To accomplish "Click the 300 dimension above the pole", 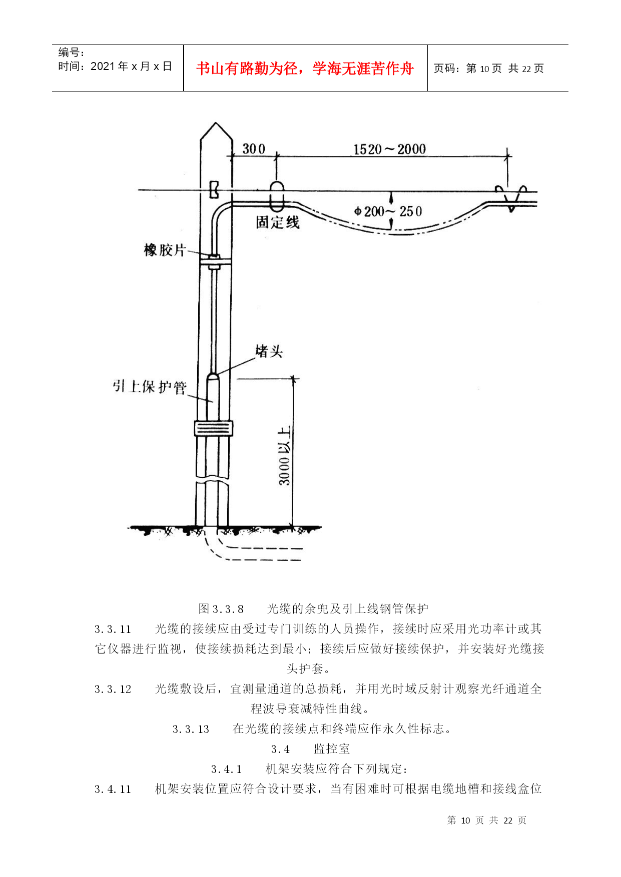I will click(x=254, y=149).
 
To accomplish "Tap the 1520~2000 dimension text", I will click(x=389, y=149).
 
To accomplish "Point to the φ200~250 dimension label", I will click(x=388, y=211).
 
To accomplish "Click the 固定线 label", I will click(x=278, y=222).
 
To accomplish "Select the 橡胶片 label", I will click(x=165, y=250).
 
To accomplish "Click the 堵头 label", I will click(x=269, y=351).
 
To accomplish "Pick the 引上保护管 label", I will click(x=149, y=386).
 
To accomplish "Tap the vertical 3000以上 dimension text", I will click(x=284, y=455).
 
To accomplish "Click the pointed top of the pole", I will click(x=216, y=125).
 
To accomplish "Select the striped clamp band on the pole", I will click(x=214, y=429).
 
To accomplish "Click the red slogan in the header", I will click(x=305, y=68).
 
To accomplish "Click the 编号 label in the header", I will click(x=72, y=52).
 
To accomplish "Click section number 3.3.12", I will click(x=113, y=689).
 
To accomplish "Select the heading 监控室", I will click(x=332, y=748).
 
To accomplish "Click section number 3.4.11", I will click(x=113, y=789).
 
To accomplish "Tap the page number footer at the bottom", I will click(x=486, y=820).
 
